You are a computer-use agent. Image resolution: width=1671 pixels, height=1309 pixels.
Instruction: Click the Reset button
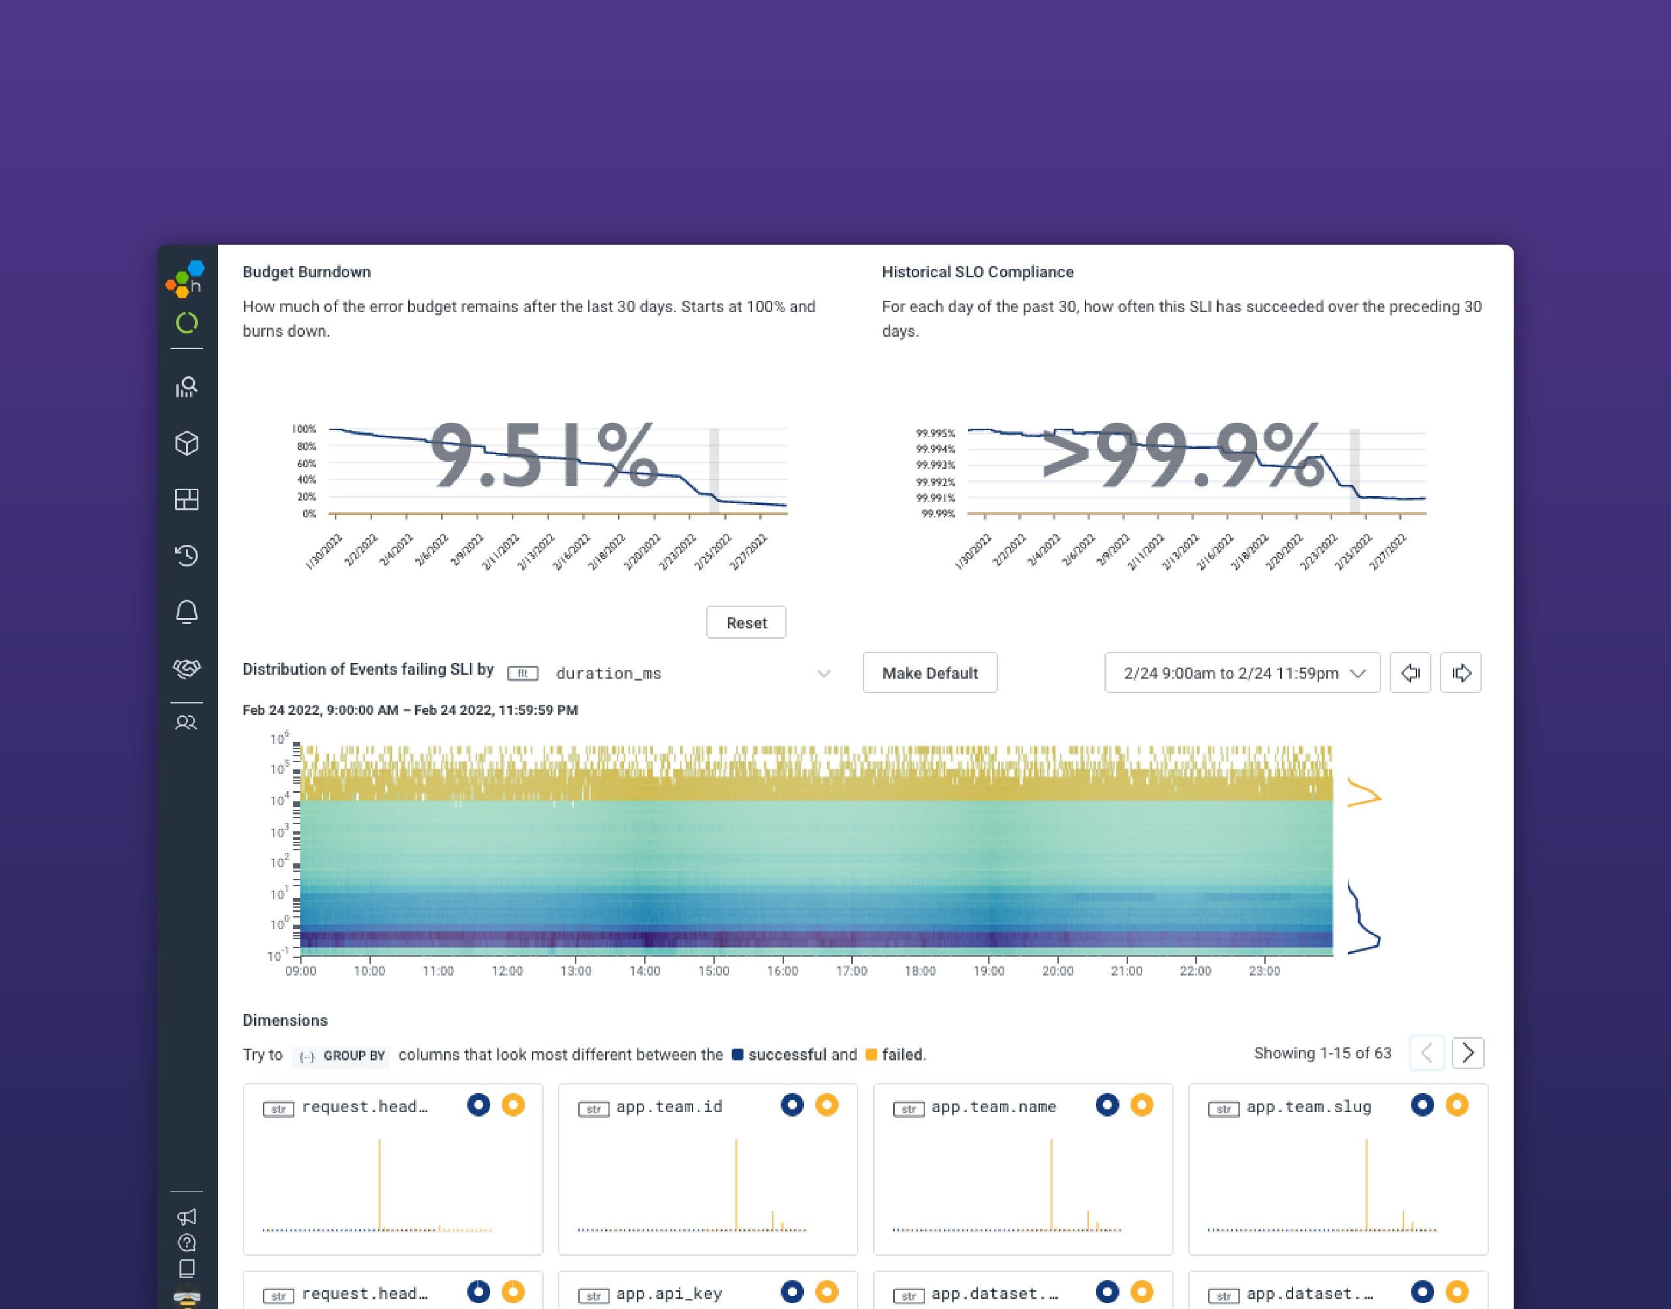click(746, 623)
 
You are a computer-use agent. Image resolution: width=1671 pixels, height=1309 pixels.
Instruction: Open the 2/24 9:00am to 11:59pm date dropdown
click(1241, 673)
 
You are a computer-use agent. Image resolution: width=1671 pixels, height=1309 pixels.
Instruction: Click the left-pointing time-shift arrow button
click(1410, 673)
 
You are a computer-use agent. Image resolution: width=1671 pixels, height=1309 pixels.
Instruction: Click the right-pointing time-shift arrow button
click(1460, 673)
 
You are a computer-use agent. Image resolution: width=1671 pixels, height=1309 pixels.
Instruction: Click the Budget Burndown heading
click(307, 272)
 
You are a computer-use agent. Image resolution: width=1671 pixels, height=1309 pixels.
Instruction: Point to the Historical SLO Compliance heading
click(977, 272)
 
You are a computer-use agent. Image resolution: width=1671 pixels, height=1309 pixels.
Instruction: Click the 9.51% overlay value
click(544, 457)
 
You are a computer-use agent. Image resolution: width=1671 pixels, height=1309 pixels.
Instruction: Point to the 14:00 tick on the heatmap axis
click(645, 970)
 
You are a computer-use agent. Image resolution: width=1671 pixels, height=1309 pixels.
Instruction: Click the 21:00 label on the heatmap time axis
click(1126, 970)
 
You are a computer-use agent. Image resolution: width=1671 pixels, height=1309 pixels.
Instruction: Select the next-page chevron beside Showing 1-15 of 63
click(1467, 1053)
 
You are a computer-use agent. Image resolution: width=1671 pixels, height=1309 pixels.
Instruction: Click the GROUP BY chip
click(342, 1055)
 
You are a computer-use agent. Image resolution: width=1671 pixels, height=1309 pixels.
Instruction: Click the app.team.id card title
click(668, 1107)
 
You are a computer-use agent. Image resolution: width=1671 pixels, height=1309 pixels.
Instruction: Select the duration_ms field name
click(608, 673)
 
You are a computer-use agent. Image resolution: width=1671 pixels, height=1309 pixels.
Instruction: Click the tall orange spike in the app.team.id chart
click(736, 1184)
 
